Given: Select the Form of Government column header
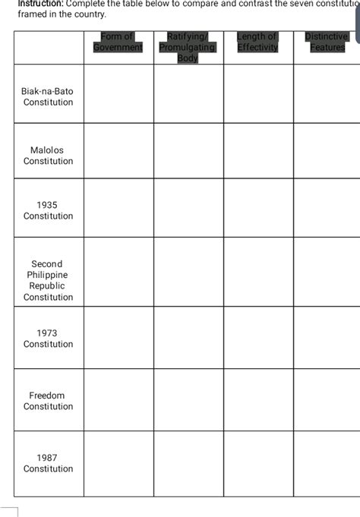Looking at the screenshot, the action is coord(118,42).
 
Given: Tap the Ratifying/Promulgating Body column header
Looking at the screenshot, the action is coord(188,47).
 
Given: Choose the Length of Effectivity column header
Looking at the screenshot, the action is coord(257,42).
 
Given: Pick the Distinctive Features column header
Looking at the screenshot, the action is coord(327,42).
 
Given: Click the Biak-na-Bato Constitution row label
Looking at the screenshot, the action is coord(48,96).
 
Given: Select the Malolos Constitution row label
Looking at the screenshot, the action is coord(48,156).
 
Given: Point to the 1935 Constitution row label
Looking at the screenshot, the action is coord(48,210).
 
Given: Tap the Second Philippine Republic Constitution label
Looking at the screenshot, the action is coord(48,280).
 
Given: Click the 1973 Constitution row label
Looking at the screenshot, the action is coord(48,339).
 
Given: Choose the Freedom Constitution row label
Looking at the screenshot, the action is coord(48,401).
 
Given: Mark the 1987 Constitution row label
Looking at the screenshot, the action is coord(48,463).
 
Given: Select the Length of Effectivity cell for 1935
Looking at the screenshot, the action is coord(258,210).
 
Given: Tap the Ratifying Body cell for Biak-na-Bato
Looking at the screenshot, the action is coord(188,94).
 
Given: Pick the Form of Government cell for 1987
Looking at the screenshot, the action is coord(118,463).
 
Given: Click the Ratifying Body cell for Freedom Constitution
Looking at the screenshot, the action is coord(188,400).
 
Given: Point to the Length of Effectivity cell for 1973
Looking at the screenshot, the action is coord(258,338).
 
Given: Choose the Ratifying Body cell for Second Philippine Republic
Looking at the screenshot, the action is coord(188,272).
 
